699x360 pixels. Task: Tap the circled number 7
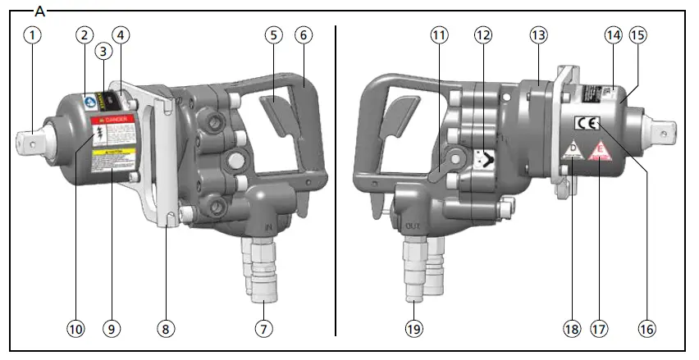point(263,328)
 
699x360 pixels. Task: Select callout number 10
point(75,328)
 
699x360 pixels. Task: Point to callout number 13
point(537,35)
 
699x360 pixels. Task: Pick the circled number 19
point(413,328)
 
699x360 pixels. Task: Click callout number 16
point(646,328)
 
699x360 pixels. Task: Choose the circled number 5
point(274,35)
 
